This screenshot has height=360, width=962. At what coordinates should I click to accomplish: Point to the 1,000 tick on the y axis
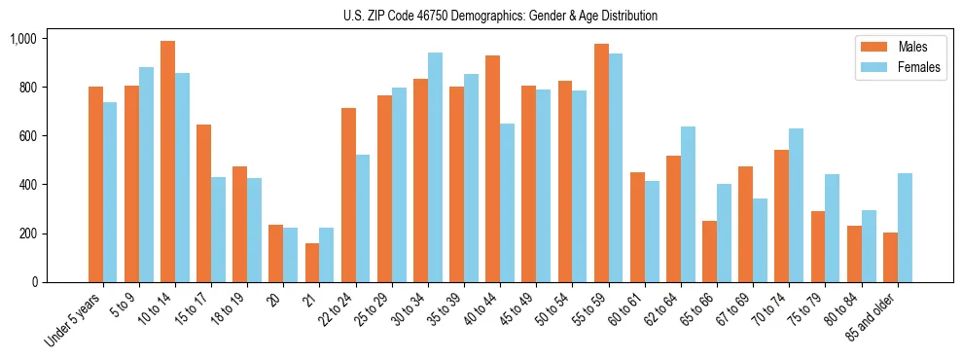coord(22,39)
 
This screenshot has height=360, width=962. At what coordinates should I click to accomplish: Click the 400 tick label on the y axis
coord(26,185)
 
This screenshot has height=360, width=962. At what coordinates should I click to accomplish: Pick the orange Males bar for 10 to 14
coord(167,162)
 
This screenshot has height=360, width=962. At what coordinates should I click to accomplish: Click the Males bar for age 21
coord(312,263)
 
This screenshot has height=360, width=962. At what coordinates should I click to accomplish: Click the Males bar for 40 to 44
coord(492,169)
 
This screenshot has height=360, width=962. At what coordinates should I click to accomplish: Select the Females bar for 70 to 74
coord(797,205)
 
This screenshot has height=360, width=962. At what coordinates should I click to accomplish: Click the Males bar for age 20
coord(276,254)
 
